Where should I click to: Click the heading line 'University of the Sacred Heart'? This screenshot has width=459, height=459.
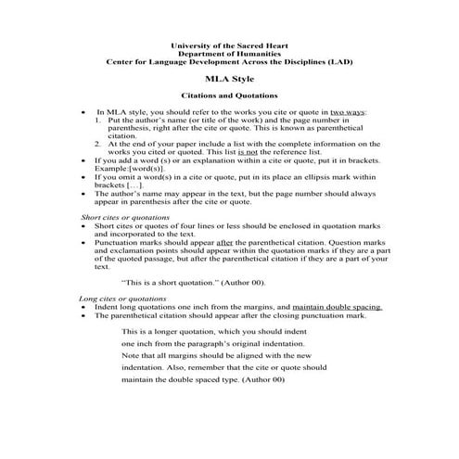(x=230, y=46)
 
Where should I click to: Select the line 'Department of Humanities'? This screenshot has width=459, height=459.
(x=230, y=55)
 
